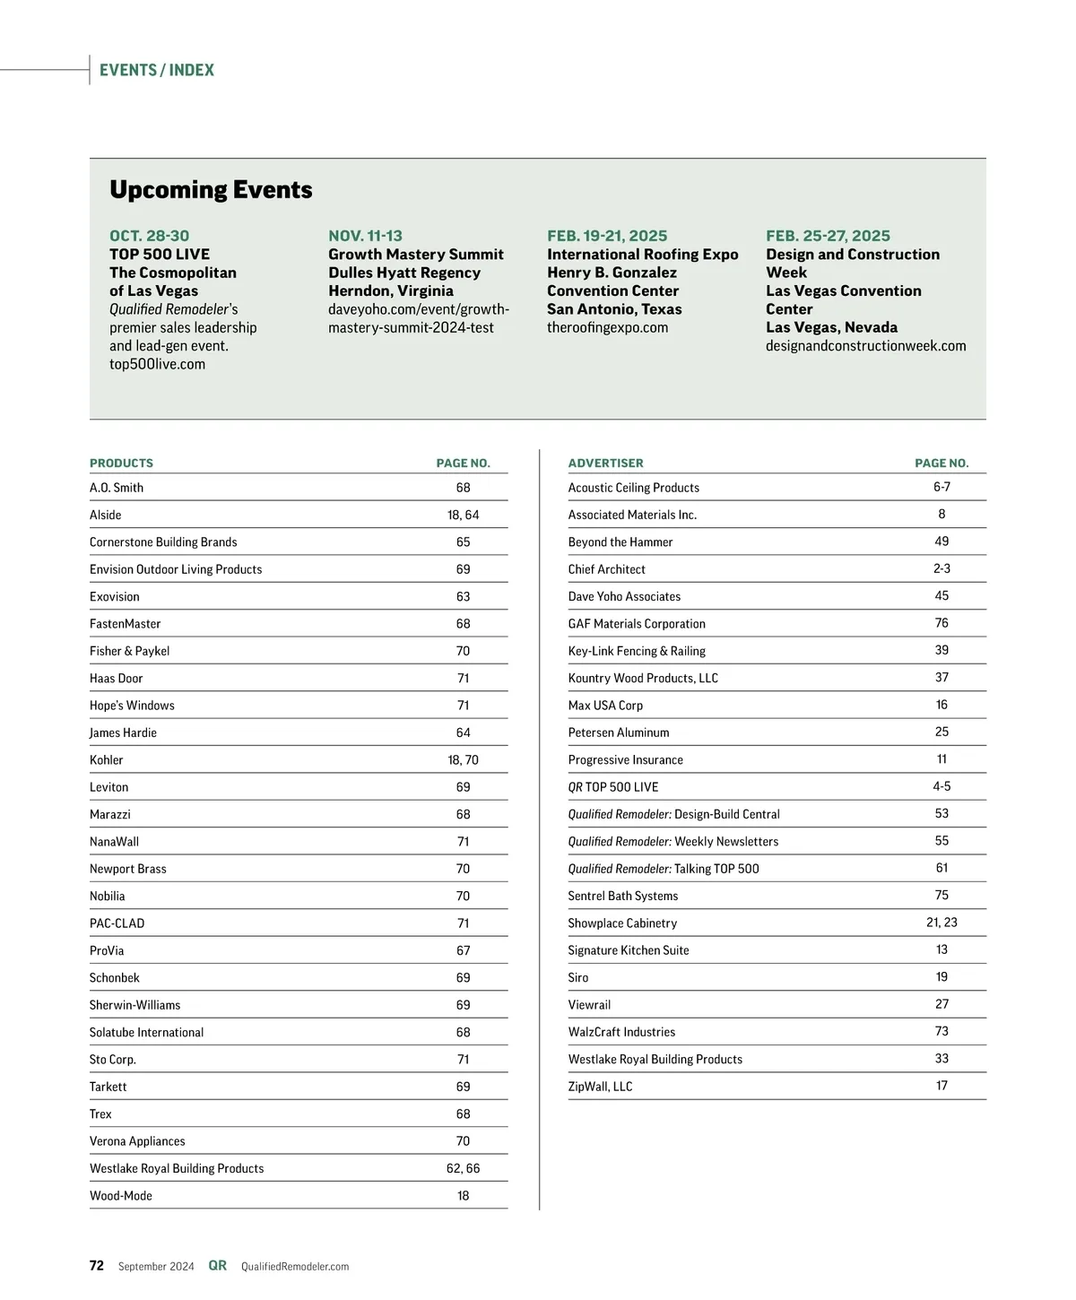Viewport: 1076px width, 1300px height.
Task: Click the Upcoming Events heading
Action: [211, 190]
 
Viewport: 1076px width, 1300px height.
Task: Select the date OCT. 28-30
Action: [149, 236]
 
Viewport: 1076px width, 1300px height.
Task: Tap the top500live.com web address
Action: [157, 364]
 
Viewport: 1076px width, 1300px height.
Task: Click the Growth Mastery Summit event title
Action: [416, 255]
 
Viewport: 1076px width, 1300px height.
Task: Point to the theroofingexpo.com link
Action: [607, 327]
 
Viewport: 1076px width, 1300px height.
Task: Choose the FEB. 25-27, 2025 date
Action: [828, 236]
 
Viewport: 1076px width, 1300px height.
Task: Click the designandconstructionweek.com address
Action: [865, 346]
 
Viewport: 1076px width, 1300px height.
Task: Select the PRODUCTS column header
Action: [121, 464]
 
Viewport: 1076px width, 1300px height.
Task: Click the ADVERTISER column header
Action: [605, 464]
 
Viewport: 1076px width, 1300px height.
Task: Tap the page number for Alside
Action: [463, 515]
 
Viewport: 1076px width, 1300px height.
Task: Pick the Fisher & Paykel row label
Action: [129, 651]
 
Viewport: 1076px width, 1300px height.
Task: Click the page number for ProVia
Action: [463, 950]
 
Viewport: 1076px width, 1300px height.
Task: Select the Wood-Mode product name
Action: [121, 1196]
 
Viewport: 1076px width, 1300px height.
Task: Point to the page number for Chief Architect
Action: [941, 568]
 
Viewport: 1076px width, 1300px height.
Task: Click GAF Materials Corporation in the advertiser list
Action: [637, 624]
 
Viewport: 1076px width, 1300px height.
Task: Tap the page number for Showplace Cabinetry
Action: [941, 923]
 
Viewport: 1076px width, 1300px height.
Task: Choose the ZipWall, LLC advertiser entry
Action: [600, 1087]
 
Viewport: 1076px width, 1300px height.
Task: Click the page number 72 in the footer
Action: [97, 1266]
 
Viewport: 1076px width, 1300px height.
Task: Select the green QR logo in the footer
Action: [217, 1266]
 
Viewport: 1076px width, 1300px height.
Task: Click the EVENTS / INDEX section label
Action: [157, 70]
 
